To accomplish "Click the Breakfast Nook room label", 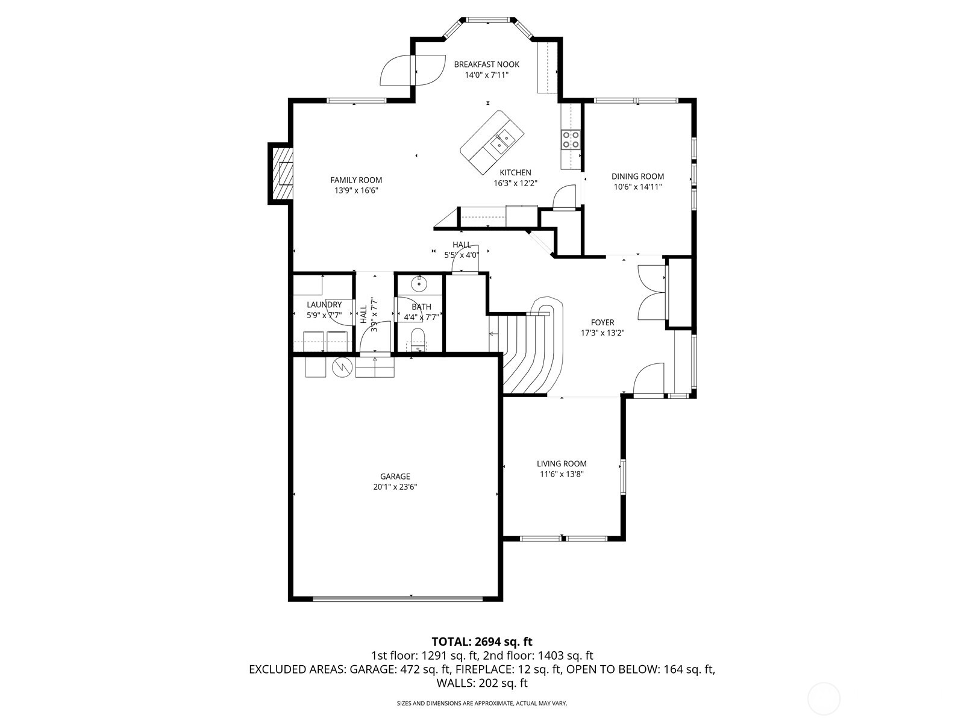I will (486, 64).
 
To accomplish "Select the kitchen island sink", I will (501, 142).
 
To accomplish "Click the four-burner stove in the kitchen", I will (571, 140).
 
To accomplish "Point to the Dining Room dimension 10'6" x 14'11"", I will (637, 187).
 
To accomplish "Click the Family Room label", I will (356, 180).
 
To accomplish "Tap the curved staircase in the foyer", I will (533, 355).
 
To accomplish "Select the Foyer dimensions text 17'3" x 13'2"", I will (602, 333).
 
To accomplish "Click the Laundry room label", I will (324, 305).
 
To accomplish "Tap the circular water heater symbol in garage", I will (342, 367).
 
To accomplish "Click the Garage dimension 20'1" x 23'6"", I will (395, 487).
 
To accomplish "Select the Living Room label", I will (562, 463).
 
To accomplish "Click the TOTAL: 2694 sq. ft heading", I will (482, 642).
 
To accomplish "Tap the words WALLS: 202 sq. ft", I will (482, 683).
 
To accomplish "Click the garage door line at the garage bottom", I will (398, 598).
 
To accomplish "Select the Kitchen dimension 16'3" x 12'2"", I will (515, 183).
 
